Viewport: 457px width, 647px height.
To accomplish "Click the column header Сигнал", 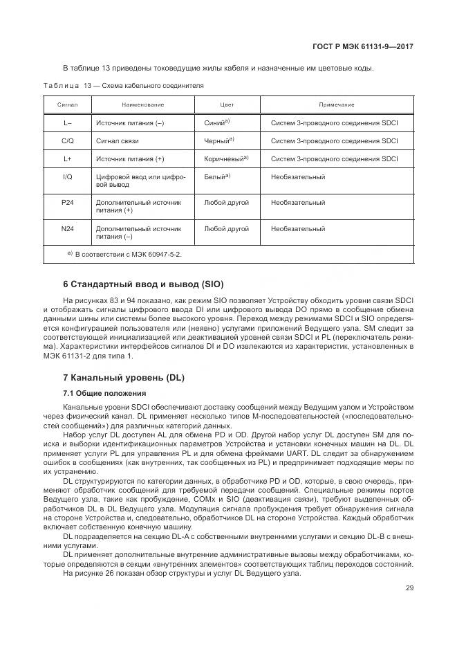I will tap(68, 104).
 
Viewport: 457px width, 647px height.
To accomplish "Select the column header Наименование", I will tap(142, 104).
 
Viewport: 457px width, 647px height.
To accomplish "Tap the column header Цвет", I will tap(227, 104).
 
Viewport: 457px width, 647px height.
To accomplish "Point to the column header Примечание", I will tap(337, 104).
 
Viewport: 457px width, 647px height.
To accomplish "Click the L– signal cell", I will tap(68, 122).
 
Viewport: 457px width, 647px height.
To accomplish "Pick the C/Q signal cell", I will tap(68, 140).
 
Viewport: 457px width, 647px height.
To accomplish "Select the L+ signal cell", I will tap(68, 158).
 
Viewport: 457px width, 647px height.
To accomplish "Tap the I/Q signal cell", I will tap(68, 177).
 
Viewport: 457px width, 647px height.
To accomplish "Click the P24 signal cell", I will tap(68, 203).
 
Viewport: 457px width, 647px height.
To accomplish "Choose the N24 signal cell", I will tap(68, 228).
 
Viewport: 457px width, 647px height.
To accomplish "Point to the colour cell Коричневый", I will tap(226, 158).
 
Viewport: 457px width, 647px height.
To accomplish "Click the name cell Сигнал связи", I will tap(118, 140).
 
